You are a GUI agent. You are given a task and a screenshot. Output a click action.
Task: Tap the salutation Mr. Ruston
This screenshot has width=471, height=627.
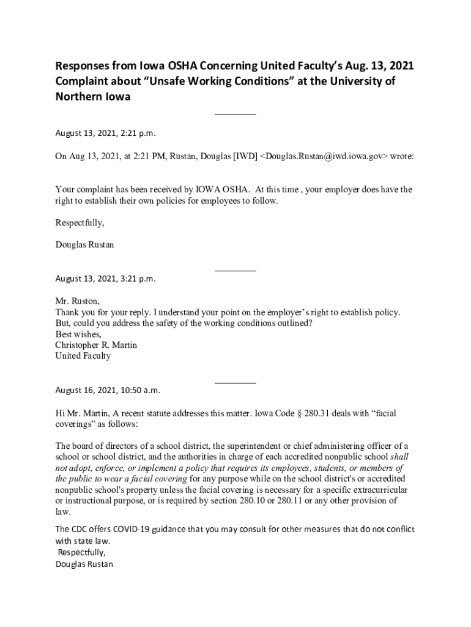[77, 301]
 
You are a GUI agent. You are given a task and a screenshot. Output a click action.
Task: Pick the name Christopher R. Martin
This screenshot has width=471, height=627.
[96, 345]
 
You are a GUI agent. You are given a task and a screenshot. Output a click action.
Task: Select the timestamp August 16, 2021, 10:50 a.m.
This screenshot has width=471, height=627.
[108, 390]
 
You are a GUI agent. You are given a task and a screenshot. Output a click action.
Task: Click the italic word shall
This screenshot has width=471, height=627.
[399, 457]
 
